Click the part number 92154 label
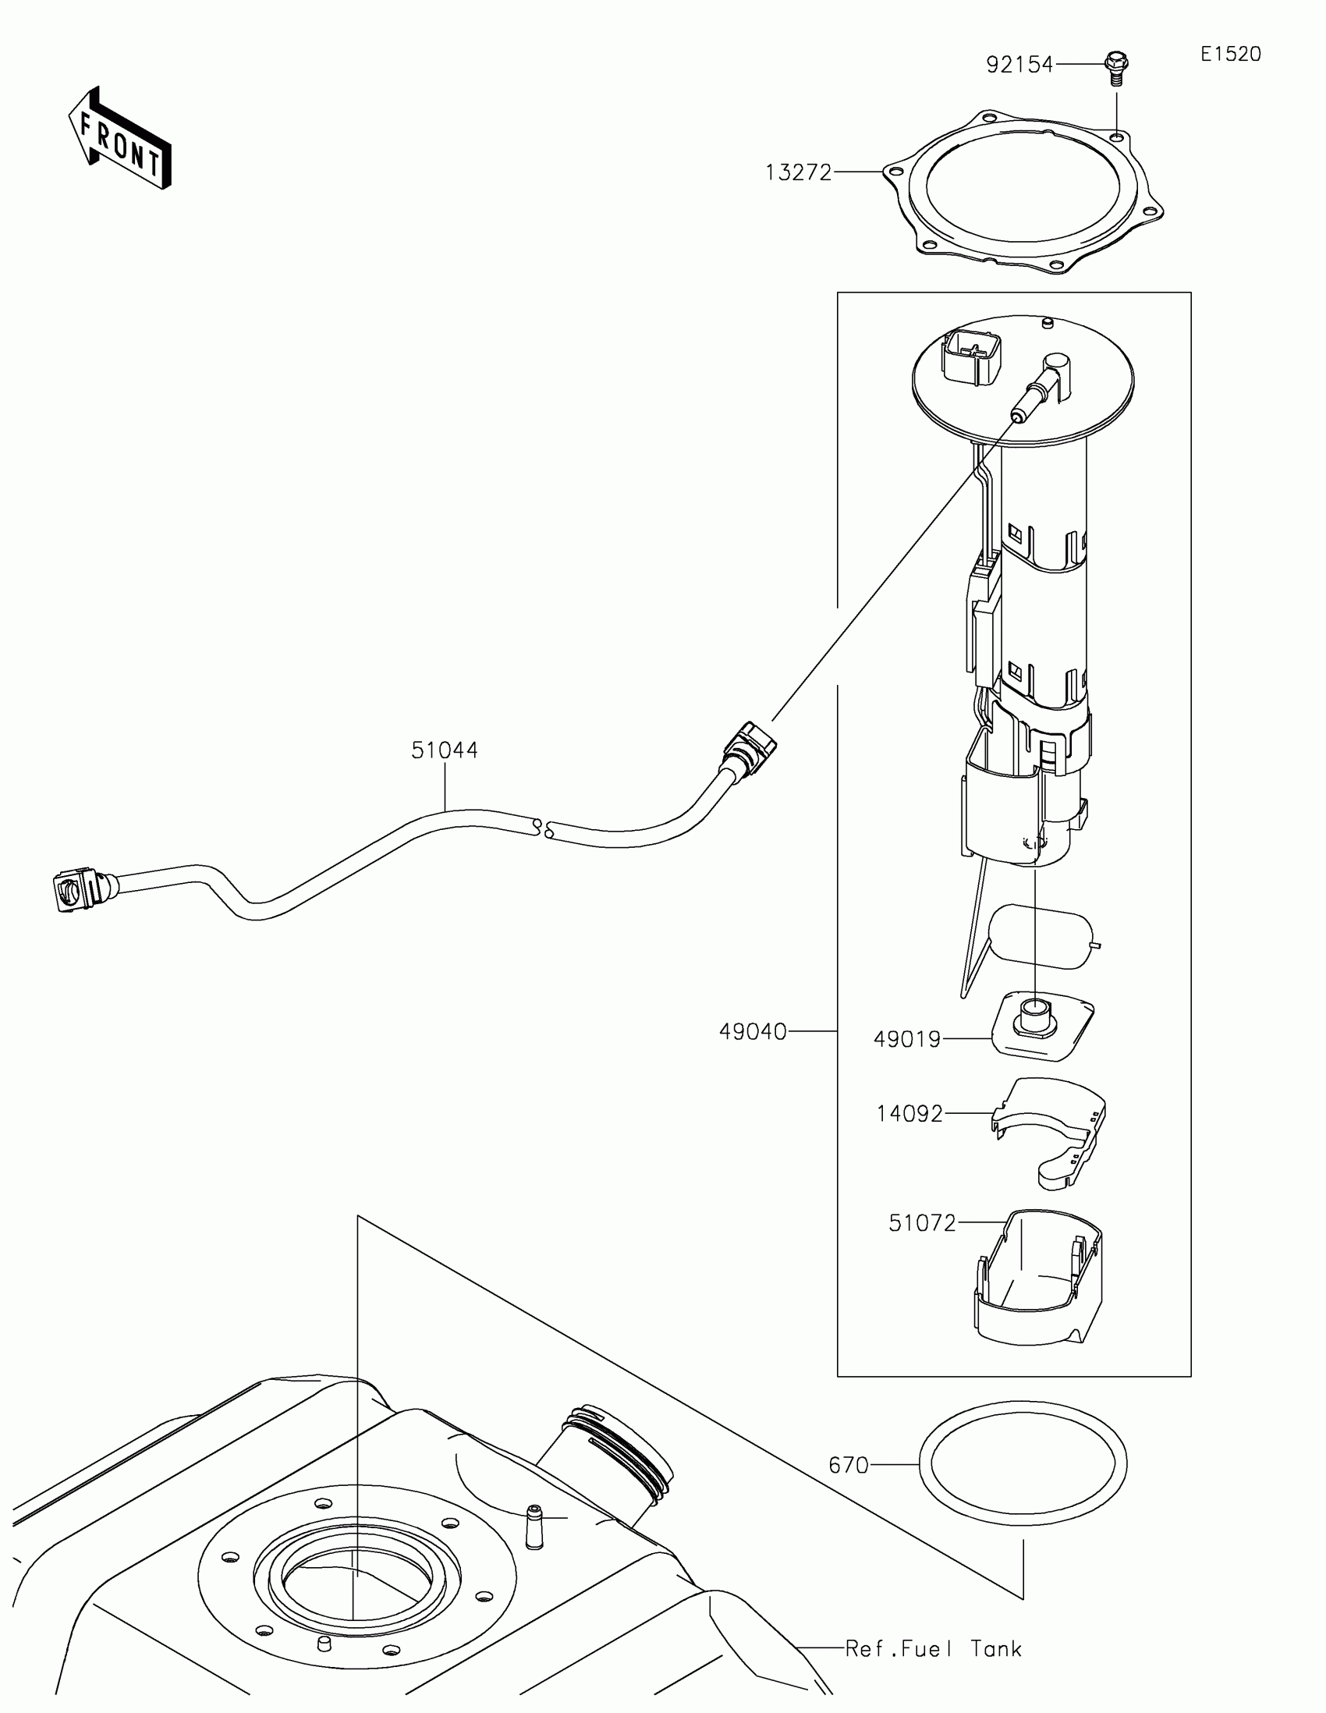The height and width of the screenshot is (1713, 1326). (1019, 65)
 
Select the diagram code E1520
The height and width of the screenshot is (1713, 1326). (1230, 54)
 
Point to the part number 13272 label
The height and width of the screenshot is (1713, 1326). (797, 172)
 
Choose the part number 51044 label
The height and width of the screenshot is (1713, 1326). (445, 750)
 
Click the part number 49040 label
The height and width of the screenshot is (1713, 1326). (752, 1032)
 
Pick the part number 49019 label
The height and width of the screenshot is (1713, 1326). (906, 1039)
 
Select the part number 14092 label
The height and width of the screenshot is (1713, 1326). (909, 1114)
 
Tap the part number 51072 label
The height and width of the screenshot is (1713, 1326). (922, 1223)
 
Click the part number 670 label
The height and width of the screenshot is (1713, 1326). (849, 1465)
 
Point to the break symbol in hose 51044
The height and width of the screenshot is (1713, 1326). (543, 828)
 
